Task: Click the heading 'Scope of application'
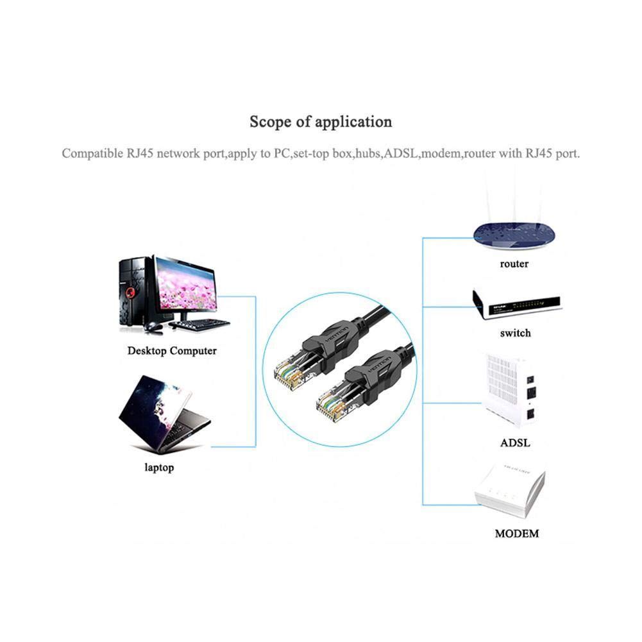(321, 122)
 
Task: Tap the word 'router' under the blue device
(514, 264)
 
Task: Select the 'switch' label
(515, 333)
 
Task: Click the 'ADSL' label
(515, 443)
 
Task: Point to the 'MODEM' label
(517, 534)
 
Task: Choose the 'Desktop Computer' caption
(172, 351)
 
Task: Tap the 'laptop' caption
(159, 468)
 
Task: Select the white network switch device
(517, 304)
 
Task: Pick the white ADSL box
(510, 389)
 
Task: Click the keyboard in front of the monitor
(199, 325)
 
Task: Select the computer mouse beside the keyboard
(153, 326)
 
